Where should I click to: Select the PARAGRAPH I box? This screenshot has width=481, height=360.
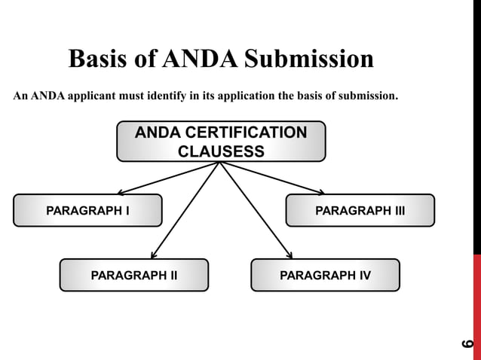(87, 210)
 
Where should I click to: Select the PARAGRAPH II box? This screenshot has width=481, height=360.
(133, 275)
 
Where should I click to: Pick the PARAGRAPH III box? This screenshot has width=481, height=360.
(360, 210)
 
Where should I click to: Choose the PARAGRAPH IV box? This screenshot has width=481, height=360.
(325, 275)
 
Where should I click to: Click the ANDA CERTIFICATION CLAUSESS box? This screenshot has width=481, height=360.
(221, 142)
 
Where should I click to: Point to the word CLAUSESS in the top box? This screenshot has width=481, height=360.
(221, 151)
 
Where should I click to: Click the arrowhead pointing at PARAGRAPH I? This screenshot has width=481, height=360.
(121, 193)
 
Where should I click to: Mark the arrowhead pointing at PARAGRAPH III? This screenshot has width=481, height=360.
(320, 193)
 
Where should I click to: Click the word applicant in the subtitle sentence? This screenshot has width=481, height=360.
(69, 97)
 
